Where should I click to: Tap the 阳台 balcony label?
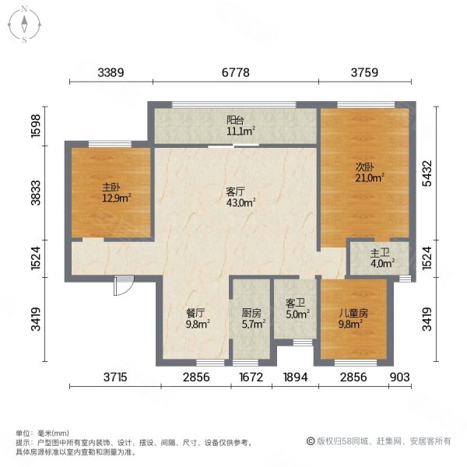coord(235,121)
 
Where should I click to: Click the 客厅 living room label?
coord(236,191)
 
